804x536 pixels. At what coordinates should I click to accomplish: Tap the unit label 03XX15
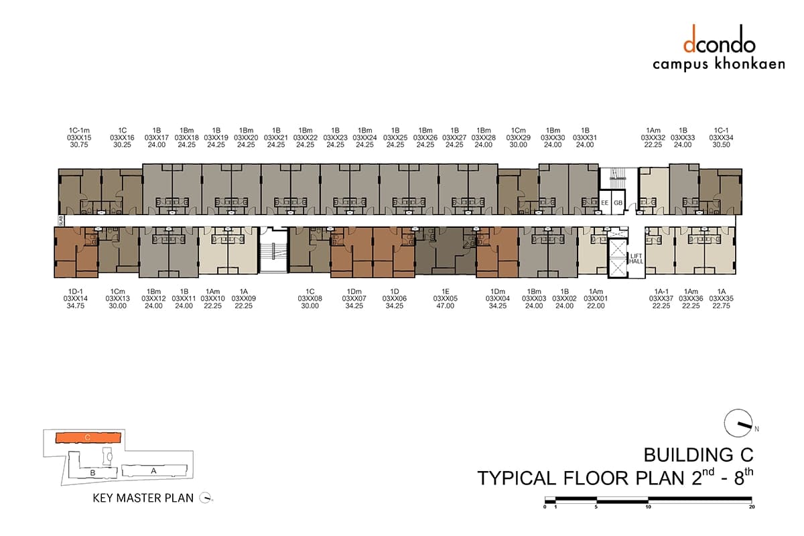coord(79,137)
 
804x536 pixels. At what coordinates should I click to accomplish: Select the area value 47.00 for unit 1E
coord(445,306)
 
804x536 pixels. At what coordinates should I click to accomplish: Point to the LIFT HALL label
coord(636,259)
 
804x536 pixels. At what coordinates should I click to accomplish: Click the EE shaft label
coord(605,203)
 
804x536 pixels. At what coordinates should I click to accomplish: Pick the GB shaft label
coord(618,203)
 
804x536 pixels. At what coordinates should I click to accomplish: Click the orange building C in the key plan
coord(88,438)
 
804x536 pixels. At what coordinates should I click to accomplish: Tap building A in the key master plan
coord(154,470)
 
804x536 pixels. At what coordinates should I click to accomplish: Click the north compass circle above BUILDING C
coord(738,423)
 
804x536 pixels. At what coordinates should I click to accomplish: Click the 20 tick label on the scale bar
coord(752,507)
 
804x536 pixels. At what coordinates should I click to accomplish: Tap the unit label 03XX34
coord(721,137)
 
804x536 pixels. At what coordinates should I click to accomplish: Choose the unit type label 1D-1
coord(75,291)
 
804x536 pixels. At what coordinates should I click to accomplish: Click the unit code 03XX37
coord(661,299)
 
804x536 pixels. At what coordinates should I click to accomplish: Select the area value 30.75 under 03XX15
coord(79,145)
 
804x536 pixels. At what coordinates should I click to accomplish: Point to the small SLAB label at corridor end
coord(61,220)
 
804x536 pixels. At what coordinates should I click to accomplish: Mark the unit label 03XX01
coord(596,299)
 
